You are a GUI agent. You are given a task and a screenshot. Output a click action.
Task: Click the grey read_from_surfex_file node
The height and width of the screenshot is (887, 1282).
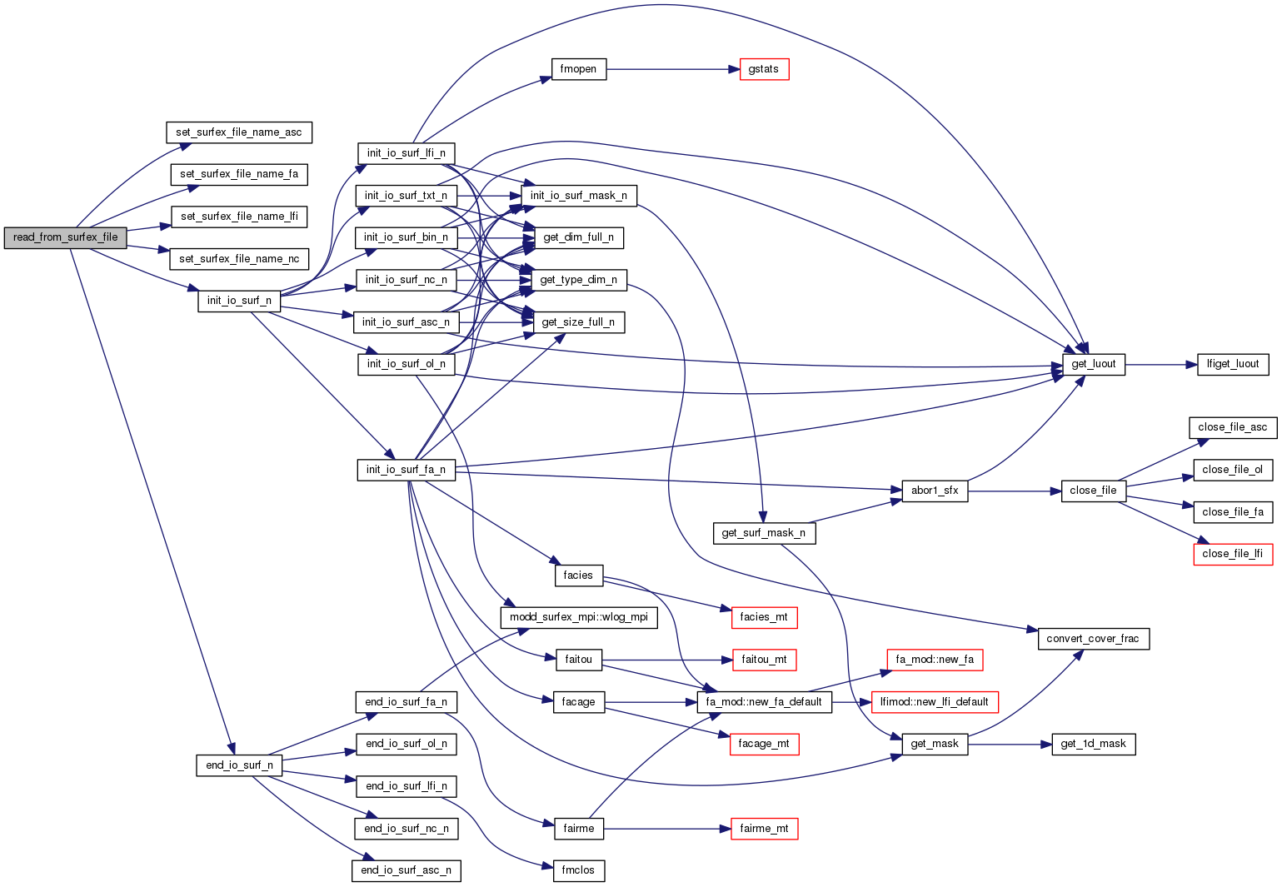click(65, 237)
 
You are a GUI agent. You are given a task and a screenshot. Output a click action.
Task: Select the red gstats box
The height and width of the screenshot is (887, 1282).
click(763, 69)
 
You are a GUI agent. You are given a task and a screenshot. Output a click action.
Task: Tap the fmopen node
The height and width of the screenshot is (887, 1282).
click(578, 69)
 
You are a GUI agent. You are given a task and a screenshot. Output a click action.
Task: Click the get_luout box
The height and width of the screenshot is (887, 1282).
click(1093, 364)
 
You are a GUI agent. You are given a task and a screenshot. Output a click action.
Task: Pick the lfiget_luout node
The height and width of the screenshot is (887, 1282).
click(1233, 364)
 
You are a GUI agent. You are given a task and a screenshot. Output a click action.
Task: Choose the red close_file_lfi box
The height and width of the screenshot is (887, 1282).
click(1232, 554)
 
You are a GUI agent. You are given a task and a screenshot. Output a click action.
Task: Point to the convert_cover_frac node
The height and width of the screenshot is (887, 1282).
click(1093, 639)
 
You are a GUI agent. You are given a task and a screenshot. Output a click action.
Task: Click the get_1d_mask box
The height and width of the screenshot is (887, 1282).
click(1093, 744)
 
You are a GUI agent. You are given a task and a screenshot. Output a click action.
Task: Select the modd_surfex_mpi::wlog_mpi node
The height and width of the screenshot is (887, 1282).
click(578, 617)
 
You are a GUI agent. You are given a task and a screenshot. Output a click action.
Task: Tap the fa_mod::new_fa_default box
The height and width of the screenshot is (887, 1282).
click(763, 702)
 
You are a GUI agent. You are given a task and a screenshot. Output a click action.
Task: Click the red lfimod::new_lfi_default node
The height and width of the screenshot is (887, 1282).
click(934, 702)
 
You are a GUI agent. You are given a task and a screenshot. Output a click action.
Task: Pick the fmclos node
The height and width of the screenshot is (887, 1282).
click(578, 870)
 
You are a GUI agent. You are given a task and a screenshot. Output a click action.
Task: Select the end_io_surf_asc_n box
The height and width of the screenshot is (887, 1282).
click(406, 870)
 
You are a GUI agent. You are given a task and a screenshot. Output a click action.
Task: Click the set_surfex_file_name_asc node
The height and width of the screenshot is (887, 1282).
click(239, 132)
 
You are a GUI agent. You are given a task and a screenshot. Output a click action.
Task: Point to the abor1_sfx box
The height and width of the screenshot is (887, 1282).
click(934, 491)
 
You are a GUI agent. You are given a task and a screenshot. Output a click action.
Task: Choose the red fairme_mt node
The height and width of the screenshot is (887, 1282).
click(763, 829)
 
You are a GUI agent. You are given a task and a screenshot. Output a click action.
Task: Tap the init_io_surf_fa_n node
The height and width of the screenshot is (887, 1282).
click(406, 470)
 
